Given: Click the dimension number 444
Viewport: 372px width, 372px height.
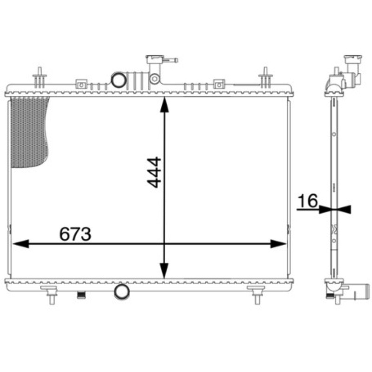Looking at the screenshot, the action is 154,172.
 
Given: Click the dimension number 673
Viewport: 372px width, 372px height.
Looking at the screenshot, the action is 75,234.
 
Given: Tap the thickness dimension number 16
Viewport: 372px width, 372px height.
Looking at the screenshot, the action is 307,201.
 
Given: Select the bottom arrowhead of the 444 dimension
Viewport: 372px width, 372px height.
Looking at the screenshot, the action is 164,271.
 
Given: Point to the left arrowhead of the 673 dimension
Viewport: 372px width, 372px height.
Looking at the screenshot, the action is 21,244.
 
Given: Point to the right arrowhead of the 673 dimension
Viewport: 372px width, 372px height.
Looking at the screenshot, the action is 278,244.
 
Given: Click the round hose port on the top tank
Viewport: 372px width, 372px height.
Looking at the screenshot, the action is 119,80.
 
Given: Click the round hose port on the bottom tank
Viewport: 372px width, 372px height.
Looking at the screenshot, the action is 122,292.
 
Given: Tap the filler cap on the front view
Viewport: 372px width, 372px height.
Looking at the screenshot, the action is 155,60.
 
